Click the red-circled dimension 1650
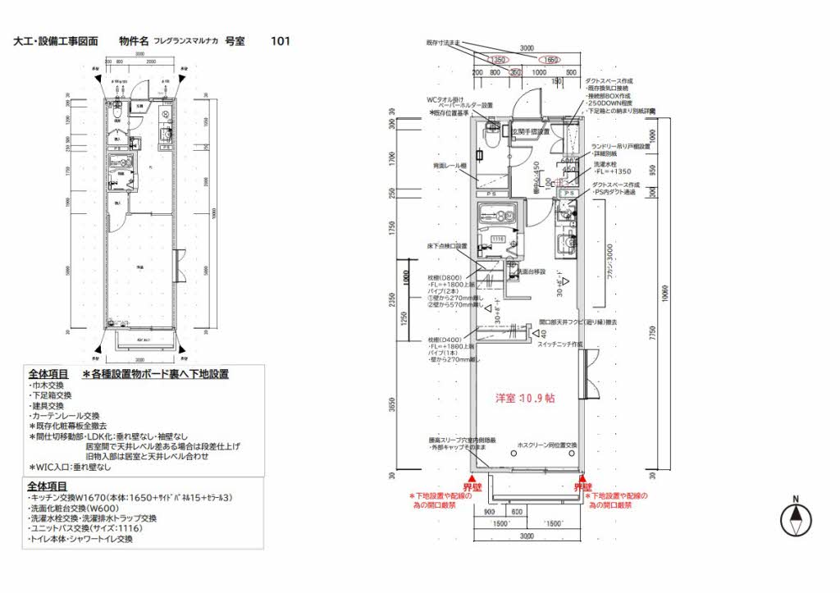(x=550, y=60)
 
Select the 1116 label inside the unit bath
(x=497, y=239)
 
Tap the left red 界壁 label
(x=472, y=486)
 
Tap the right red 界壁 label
(x=583, y=486)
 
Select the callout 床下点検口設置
(x=446, y=245)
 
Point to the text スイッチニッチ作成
(x=561, y=344)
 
